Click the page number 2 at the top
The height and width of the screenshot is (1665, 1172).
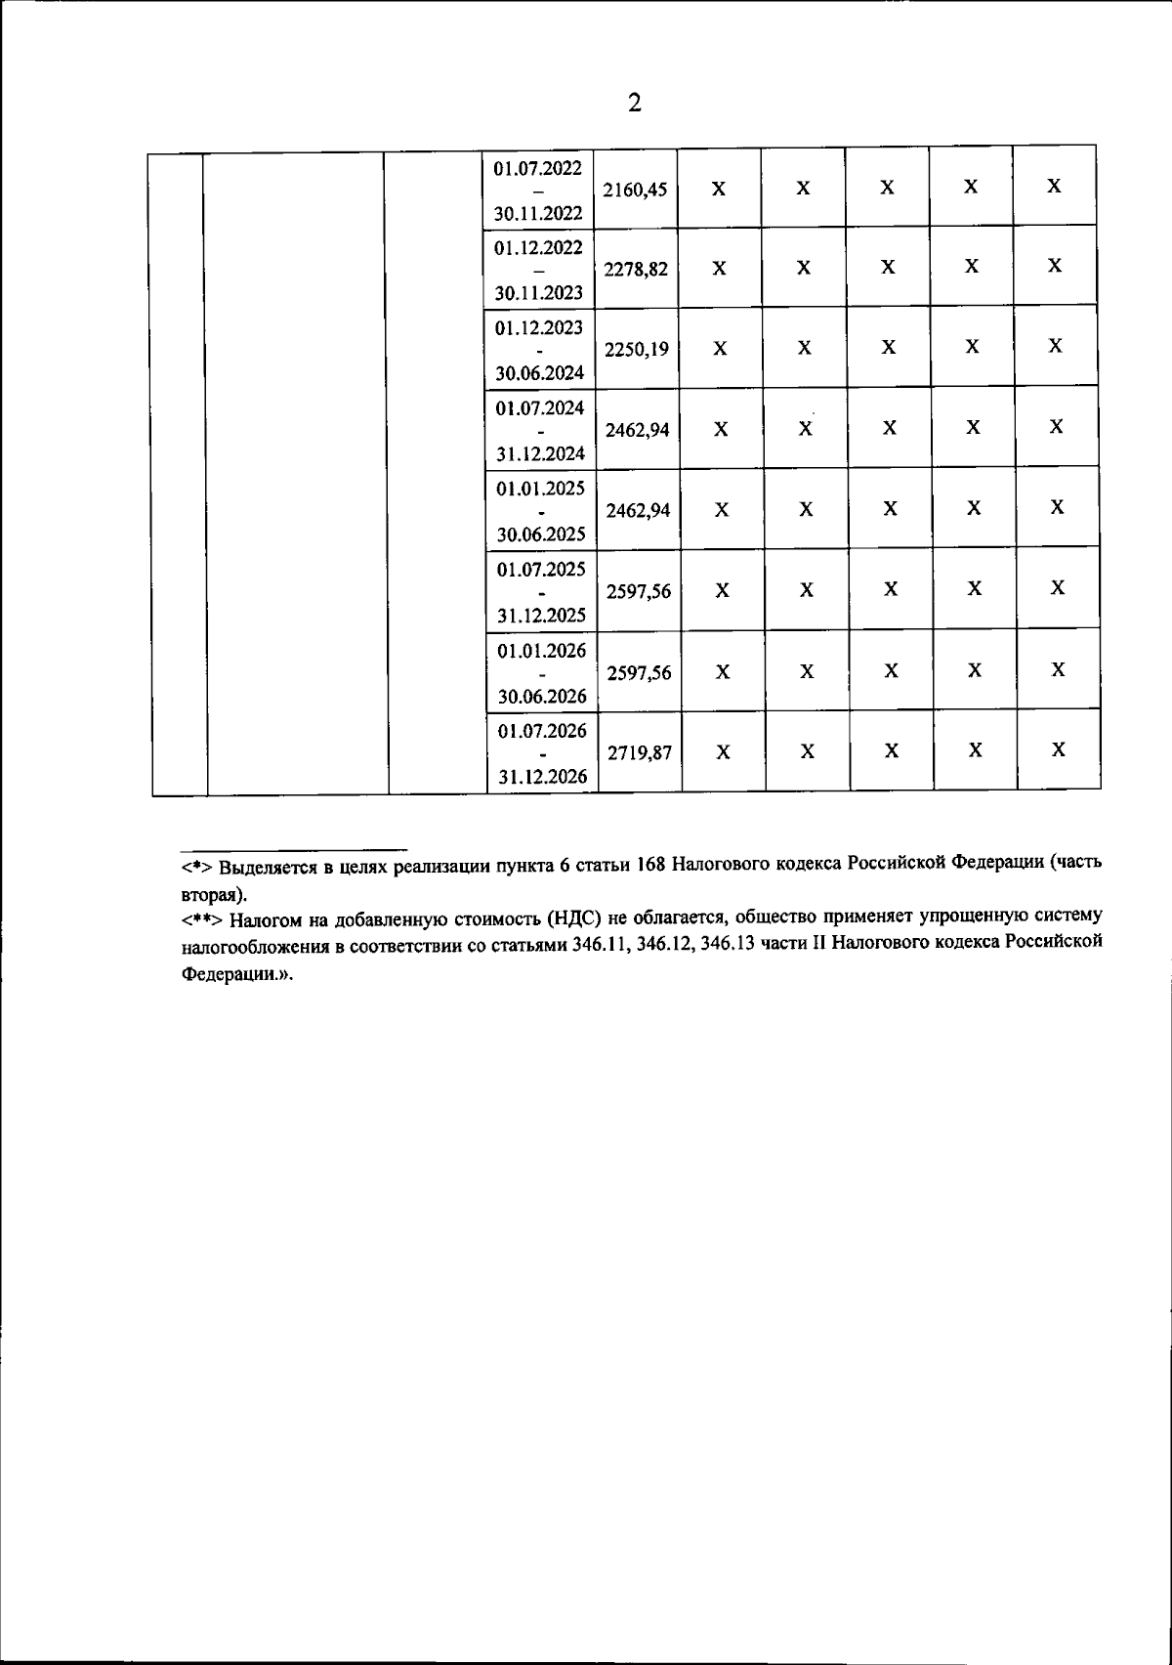635,103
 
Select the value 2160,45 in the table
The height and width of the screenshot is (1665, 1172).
635,191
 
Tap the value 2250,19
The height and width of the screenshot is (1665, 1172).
637,350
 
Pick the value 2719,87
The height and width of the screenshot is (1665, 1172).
639,753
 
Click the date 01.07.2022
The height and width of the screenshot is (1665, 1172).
537,168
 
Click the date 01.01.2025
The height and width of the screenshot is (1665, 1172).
540,488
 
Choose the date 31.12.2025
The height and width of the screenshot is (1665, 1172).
541,615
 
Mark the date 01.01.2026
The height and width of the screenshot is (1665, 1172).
541,650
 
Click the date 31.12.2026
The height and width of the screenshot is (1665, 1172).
542,777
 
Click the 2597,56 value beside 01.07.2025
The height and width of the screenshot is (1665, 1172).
639,592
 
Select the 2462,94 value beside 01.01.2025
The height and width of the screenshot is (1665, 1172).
638,510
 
